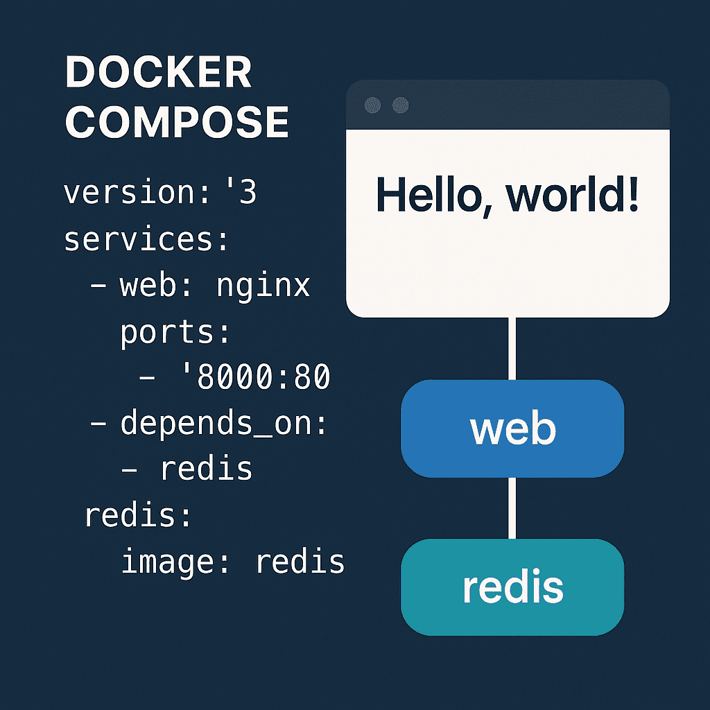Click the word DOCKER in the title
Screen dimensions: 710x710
158,72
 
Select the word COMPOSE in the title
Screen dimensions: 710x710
177,121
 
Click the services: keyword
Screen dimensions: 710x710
146,239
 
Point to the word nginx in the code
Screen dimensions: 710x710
263,287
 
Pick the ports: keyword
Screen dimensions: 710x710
175,334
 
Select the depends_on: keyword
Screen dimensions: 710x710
223,424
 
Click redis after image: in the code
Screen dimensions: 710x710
300,562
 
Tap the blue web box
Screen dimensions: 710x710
512,428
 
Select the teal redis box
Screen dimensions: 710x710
512,587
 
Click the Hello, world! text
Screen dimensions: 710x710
507,196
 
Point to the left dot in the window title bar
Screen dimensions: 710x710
372,105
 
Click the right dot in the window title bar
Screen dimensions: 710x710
400,105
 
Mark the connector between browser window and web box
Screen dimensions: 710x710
512,349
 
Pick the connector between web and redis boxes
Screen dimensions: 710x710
512,508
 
